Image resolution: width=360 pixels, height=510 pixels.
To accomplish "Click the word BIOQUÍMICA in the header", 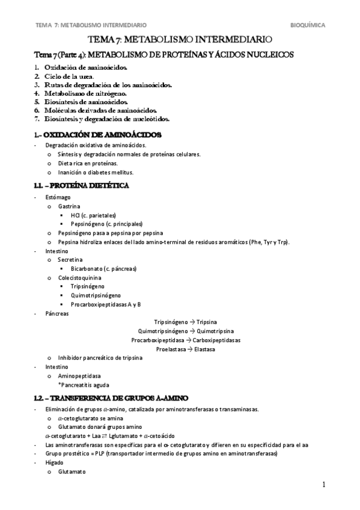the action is click(x=308, y=26).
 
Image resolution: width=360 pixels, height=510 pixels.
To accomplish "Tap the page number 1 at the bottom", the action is click(x=323, y=485).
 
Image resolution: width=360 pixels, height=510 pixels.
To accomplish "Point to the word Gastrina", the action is click(x=69, y=206).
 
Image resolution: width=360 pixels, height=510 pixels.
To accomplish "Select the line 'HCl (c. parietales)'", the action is click(x=93, y=215).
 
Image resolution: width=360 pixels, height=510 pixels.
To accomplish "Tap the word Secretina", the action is click(x=71, y=259).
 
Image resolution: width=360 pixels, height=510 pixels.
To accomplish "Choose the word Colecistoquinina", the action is click(x=80, y=278).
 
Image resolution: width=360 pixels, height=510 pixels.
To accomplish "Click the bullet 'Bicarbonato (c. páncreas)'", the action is click(x=103, y=268).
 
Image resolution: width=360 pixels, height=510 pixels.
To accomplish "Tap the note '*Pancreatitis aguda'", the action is click(x=84, y=384).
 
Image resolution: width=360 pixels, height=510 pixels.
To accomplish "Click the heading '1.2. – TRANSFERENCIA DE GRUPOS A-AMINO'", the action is click(x=112, y=398).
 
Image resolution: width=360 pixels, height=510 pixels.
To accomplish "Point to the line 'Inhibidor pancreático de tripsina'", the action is click(x=100, y=358).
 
